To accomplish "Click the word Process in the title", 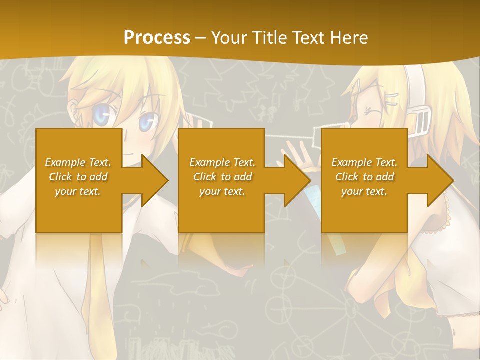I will point(157,37).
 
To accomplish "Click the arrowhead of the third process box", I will point(439,180).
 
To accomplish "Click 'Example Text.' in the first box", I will point(78,162).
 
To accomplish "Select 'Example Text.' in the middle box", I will point(222,162).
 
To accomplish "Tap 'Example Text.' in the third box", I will point(364,162).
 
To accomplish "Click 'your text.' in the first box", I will point(78,191).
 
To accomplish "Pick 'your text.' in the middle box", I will point(222,191).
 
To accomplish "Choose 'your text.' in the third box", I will point(364,191).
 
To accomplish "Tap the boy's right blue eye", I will point(146,121).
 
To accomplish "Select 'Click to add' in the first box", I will point(78,177).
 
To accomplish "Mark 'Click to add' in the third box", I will point(364,177).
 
